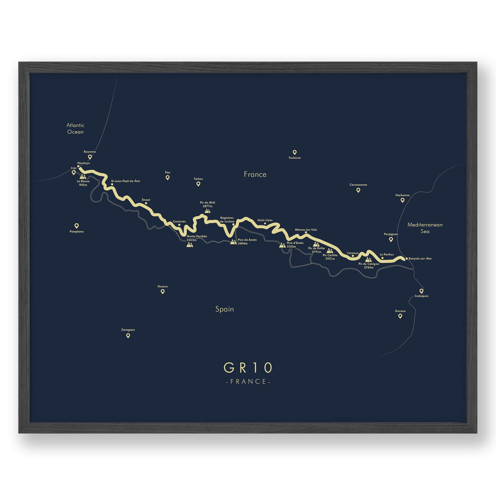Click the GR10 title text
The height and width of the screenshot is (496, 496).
248,368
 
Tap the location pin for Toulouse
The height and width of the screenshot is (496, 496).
295,152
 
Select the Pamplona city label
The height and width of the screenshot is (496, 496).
77,231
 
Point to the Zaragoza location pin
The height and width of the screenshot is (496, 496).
128,335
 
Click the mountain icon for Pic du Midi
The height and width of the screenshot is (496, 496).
207,211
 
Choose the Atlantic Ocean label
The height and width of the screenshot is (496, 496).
75,128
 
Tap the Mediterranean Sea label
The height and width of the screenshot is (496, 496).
425,228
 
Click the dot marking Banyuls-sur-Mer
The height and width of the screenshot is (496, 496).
407,258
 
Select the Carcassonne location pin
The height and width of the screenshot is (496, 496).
358,190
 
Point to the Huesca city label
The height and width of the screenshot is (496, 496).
163,286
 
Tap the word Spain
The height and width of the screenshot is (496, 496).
225,309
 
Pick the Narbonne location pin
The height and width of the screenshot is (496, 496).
403,200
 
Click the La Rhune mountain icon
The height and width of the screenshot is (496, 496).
83,176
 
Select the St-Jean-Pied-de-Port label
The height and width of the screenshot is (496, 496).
126,181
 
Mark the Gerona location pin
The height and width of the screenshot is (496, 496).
400,316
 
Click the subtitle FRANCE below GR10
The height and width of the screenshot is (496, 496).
248,381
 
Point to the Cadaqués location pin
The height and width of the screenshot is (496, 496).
421,291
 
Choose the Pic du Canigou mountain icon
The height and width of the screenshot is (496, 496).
368,260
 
